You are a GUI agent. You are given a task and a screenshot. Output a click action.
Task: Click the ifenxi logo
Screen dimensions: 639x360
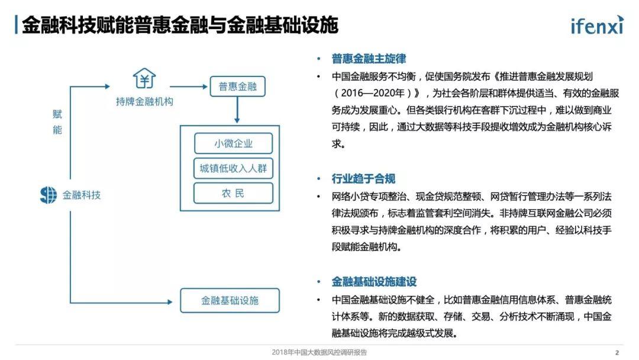click(597, 25)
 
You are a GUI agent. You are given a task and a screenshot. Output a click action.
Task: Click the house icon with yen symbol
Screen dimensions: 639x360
click(144, 78)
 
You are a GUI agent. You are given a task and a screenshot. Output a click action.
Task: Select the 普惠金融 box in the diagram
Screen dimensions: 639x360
click(238, 86)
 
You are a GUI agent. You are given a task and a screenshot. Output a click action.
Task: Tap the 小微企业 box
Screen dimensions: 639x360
click(234, 143)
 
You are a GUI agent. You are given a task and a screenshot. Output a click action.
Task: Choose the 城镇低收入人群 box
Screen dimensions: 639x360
click(234, 168)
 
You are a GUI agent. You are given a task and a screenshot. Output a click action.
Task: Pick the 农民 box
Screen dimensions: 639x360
click(234, 193)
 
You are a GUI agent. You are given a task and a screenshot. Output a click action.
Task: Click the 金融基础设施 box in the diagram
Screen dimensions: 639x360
click(230, 300)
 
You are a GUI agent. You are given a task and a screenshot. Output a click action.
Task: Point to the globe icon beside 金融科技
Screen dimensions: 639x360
click(49, 195)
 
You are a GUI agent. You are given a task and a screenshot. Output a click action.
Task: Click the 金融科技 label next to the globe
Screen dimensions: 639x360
click(82, 195)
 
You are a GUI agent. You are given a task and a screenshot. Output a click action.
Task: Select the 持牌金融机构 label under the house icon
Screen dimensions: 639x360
click(144, 101)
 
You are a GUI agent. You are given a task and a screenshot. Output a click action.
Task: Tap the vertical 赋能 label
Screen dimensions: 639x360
click(57, 122)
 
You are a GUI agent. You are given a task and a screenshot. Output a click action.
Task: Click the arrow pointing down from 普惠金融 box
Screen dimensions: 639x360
click(237, 110)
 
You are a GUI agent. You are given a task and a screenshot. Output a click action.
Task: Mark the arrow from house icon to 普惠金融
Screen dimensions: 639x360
click(189, 86)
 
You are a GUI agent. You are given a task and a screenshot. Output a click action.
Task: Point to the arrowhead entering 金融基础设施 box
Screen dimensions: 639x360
click(170, 302)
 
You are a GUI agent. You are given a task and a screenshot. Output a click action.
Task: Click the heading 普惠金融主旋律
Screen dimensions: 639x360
click(369, 59)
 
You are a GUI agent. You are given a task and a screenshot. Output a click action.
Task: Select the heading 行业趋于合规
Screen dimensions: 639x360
click(363, 179)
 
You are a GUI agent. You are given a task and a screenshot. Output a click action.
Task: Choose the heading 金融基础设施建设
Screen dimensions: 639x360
click(374, 282)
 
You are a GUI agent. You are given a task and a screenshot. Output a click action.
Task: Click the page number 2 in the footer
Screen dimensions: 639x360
click(617, 353)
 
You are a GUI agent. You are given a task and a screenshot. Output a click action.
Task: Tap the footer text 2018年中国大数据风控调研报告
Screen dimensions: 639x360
click(319, 352)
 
